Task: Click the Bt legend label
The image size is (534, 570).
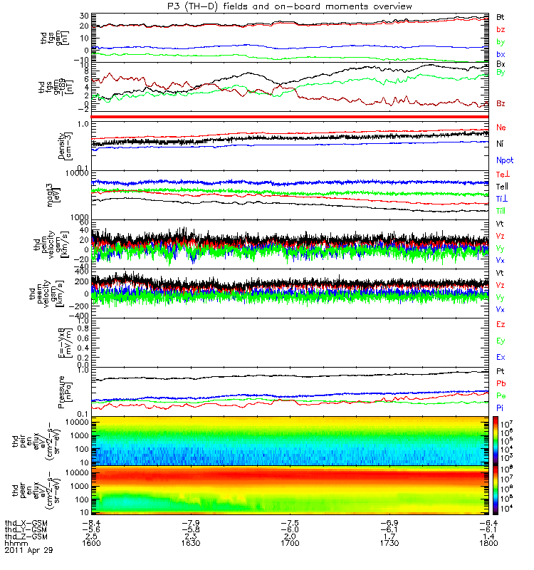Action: click(x=501, y=16)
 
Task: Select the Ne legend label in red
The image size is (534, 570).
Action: click(x=501, y=127)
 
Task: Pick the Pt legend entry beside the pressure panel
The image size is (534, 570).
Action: click(x=501, y=372)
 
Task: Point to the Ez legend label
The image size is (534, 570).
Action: click(x=501, y=324)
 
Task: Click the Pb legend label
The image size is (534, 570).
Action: click(x=501, y=383)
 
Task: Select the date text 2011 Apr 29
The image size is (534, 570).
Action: click(x=28, y=550)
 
